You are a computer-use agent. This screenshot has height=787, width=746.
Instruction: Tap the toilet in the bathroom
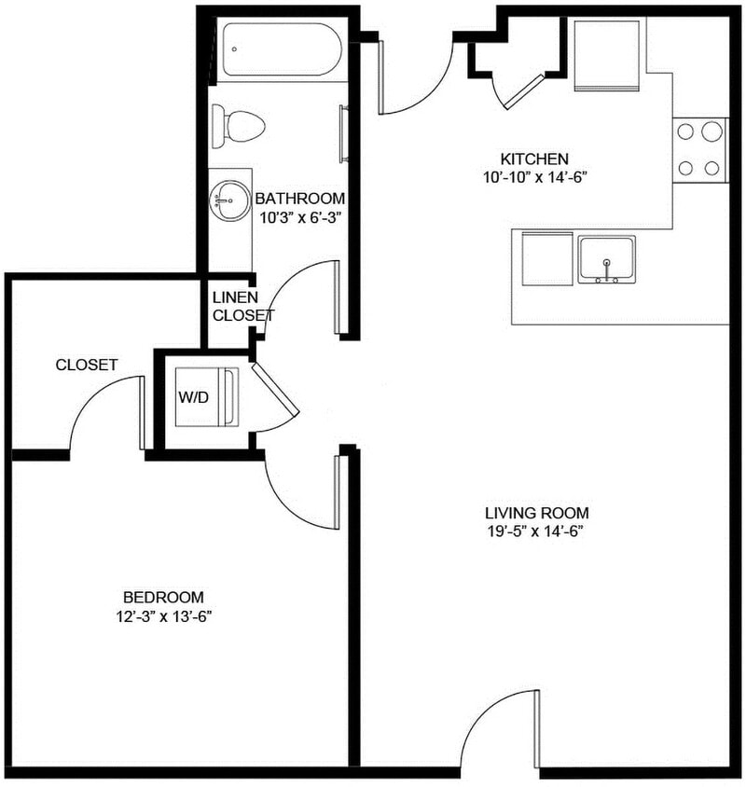click(238, 125)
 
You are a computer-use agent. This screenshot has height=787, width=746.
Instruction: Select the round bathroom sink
click(225, 196)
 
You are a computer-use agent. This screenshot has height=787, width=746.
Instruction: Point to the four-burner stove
click(701, 149)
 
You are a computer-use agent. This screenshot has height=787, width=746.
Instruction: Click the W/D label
click(194, 396)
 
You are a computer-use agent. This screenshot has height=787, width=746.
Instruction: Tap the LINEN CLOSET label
click(242, 306)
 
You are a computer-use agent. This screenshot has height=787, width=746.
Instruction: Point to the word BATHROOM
click(300, 199)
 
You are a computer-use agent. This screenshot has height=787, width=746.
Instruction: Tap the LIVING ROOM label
click(536, 513)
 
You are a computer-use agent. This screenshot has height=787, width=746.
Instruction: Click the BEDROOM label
click(163, 597)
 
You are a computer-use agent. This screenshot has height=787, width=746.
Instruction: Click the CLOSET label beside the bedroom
click(86, 365)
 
